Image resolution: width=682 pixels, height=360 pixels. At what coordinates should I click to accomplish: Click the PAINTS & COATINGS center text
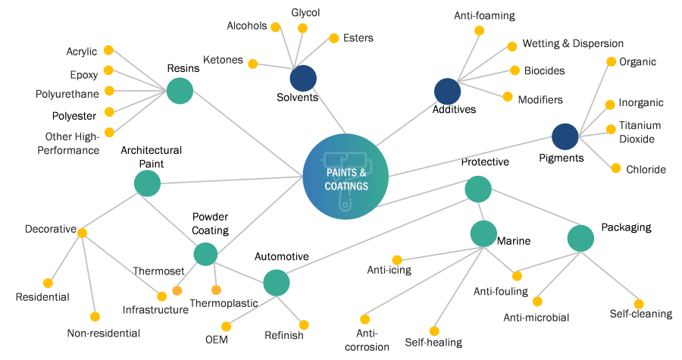pyautogui.click(x=346, y=179)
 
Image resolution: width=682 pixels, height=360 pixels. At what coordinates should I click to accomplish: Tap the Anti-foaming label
pyautogui.click(x=484, y=15)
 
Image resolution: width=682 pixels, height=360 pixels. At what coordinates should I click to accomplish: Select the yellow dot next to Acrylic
pyautogui.click(x=108, y=50)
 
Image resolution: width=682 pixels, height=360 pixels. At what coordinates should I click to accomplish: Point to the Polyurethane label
pyautogui.click(x=67, y=95)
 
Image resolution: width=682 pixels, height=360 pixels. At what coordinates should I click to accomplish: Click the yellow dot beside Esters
pyautogui.click(x=333, y=38)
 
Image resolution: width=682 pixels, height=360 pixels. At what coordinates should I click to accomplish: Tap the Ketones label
pyautogui.click(x=223, y=60)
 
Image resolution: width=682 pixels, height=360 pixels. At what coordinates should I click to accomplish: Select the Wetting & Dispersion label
pyautogui.click(x=573, y=44)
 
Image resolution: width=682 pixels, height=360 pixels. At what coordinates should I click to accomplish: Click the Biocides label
pyautogui.click(x=544, y=70)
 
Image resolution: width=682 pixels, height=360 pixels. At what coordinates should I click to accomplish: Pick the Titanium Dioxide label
pyautogui.click(x=640, y=132)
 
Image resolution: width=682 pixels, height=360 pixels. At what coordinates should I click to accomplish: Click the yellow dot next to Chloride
pyautogui.click(x=616, y=168)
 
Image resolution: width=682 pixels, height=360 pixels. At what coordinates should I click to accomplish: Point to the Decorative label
pyautogui.click(x=50, y=228)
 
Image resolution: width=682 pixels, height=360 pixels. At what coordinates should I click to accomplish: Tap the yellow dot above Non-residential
pyautogui.click(x=95, y=317)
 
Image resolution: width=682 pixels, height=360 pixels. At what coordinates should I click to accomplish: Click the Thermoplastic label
pyautogui.click(x=224, y=303)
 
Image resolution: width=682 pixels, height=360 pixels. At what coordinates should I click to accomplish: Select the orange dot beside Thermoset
pyautogui.click(x=177, y=290)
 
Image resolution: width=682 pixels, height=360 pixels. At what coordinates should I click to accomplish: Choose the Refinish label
pyautogui.click(x=284, y=335)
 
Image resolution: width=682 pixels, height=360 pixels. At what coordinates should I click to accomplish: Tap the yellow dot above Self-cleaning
pyautogui.click(x=639, y=303)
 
